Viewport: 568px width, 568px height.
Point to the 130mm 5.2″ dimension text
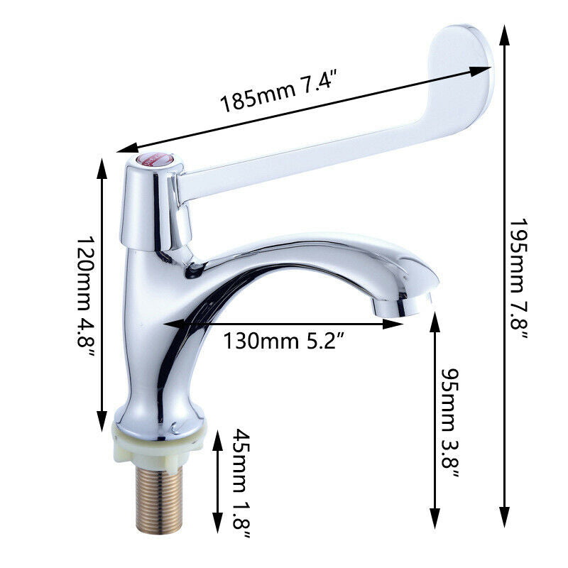pyautogui.click(x=285, y=341)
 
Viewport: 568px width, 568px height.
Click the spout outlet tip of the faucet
pyautogui.click(x=402, y=306)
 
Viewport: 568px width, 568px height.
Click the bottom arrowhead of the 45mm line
pyautogui.click(x=219, y=526)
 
